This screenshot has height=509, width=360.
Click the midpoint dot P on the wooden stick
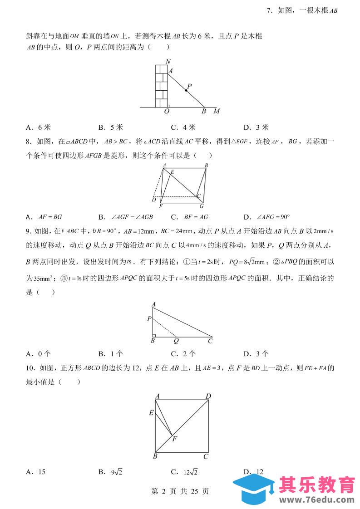coord(186,90)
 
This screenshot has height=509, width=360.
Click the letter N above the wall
coord(168,62)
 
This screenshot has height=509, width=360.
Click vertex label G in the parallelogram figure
coord(201,206)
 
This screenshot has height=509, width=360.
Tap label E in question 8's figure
coord(172,172)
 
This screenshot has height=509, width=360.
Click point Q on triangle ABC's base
coord(176,340)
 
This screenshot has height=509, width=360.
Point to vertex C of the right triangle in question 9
coord(210,340)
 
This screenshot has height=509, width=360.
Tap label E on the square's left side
coord(151,412)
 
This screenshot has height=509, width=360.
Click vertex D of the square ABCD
coord(208,396)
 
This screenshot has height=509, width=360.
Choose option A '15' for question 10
coord(36,472)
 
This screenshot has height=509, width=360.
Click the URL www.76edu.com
coord(316,499)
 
